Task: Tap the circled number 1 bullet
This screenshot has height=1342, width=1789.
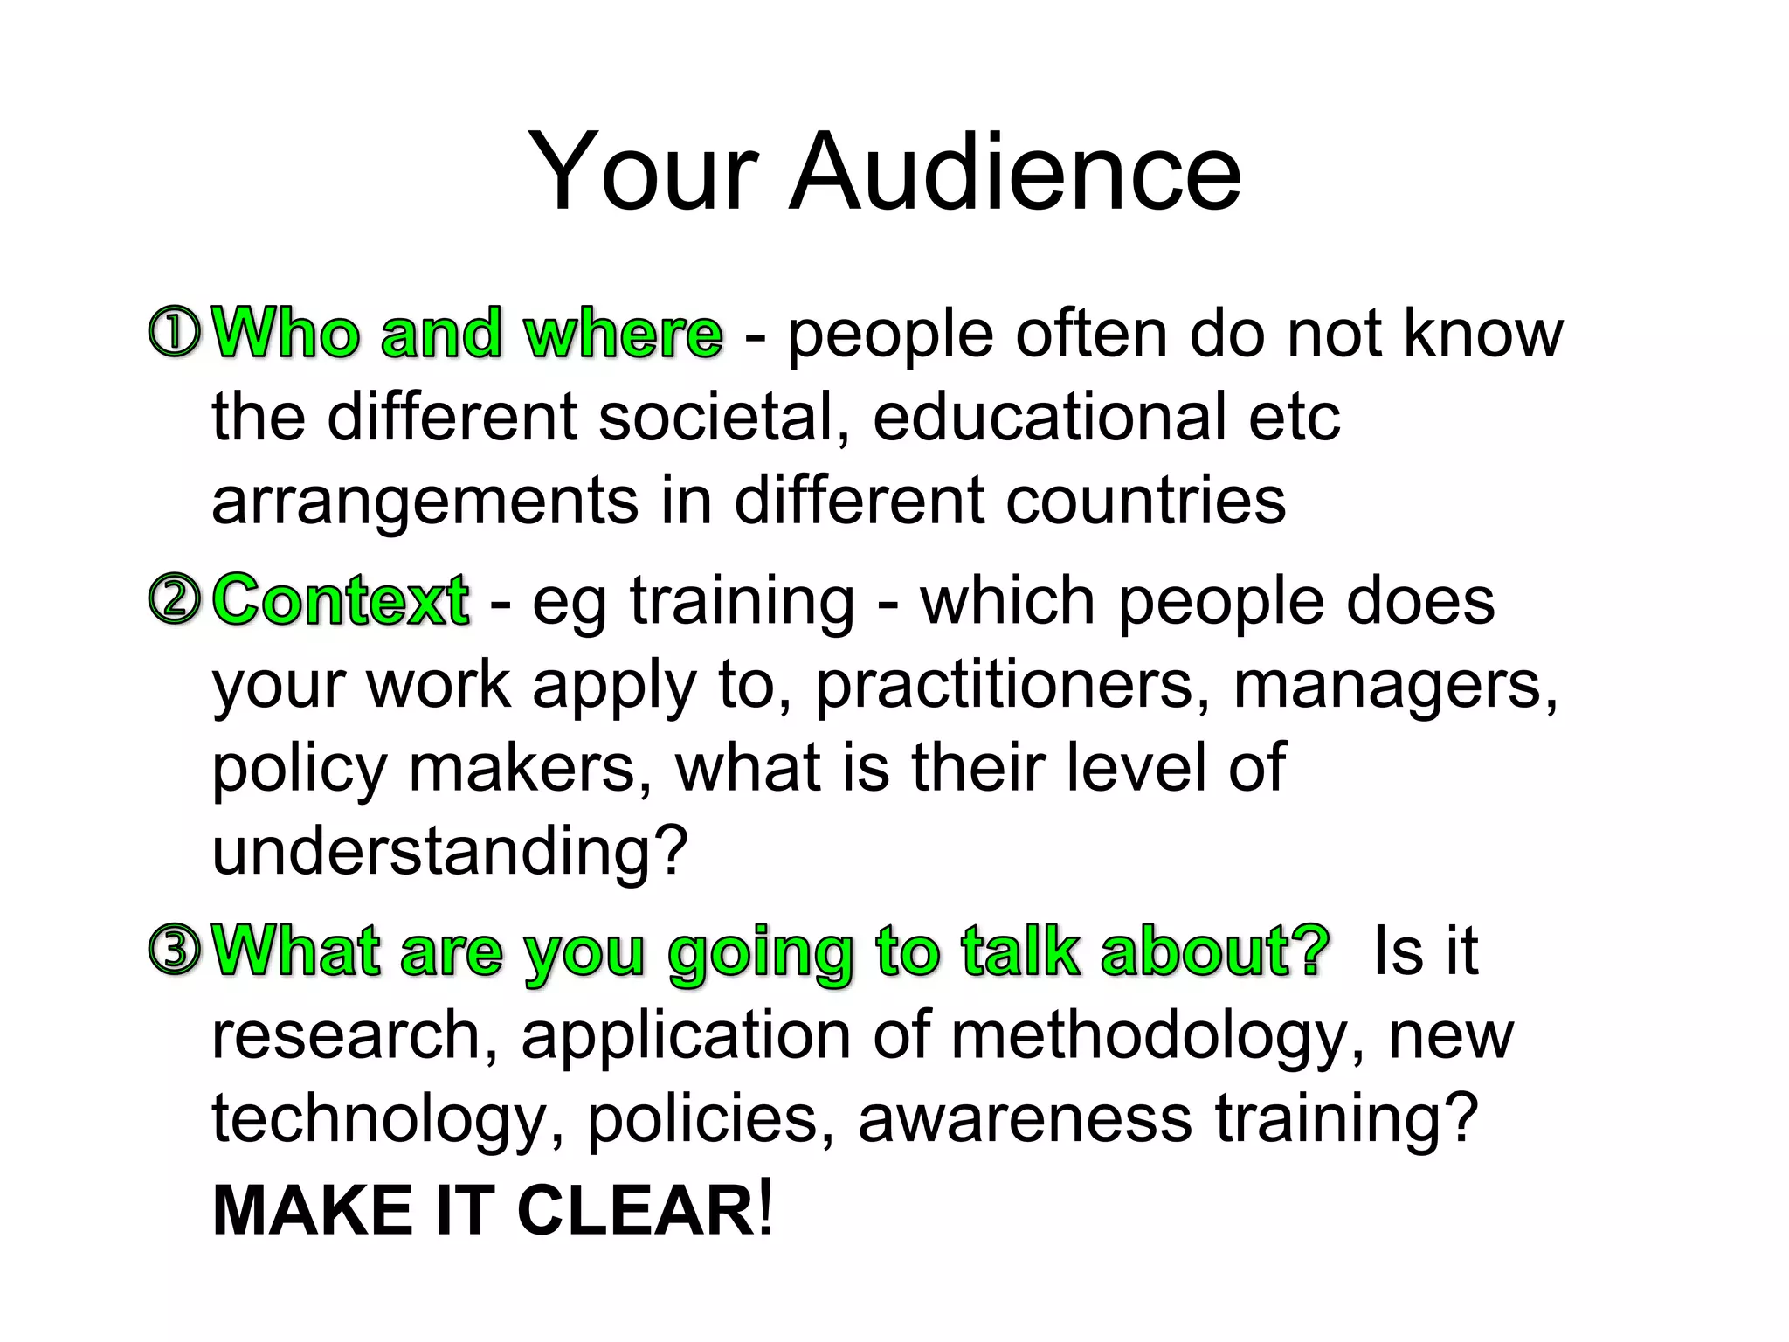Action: [176, 333]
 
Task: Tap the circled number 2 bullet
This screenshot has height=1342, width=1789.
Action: [176, 600]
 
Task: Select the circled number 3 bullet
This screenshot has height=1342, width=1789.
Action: [176, 951]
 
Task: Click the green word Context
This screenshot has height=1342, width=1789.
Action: [341, 600]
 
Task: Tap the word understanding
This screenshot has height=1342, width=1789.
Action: [450, 851]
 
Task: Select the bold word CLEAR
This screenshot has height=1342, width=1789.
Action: [637, 1211]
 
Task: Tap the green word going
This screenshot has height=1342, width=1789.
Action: [760, 952]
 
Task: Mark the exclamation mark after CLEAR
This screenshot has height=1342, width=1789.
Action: [766, 1209]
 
